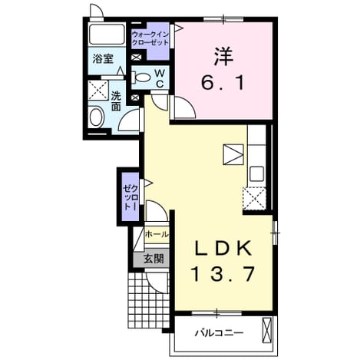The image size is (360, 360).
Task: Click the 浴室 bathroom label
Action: (x=103, y=59)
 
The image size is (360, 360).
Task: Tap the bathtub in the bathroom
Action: (x=107, y=35)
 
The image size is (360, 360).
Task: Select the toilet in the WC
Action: (x=140, y=77)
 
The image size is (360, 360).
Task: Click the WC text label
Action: (x=160, y=79)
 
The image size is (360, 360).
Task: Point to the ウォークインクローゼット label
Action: (x=150, y=38)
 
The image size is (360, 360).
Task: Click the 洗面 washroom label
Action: (x=116, y=101)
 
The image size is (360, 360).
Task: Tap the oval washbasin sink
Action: (x=96, y=117)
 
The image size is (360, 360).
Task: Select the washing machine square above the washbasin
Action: (x=98, y=90)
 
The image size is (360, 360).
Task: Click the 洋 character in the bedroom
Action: (x=223, y=56)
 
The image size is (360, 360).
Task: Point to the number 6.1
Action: (x=223, y=82)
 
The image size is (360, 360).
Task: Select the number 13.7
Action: (x=223, y=273)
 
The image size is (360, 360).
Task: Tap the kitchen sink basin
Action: (x=256, y=173)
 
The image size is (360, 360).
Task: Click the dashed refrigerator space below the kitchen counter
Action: (x=254, y=198)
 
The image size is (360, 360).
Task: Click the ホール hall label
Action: (x=157, y=234)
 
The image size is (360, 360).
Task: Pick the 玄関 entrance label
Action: (x=154, y=259)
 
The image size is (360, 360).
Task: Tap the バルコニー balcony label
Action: (x=219, y=333)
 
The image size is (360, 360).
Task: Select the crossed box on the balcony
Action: (x=266, y=330)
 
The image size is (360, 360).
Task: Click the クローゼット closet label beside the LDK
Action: (x=130, y=197)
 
